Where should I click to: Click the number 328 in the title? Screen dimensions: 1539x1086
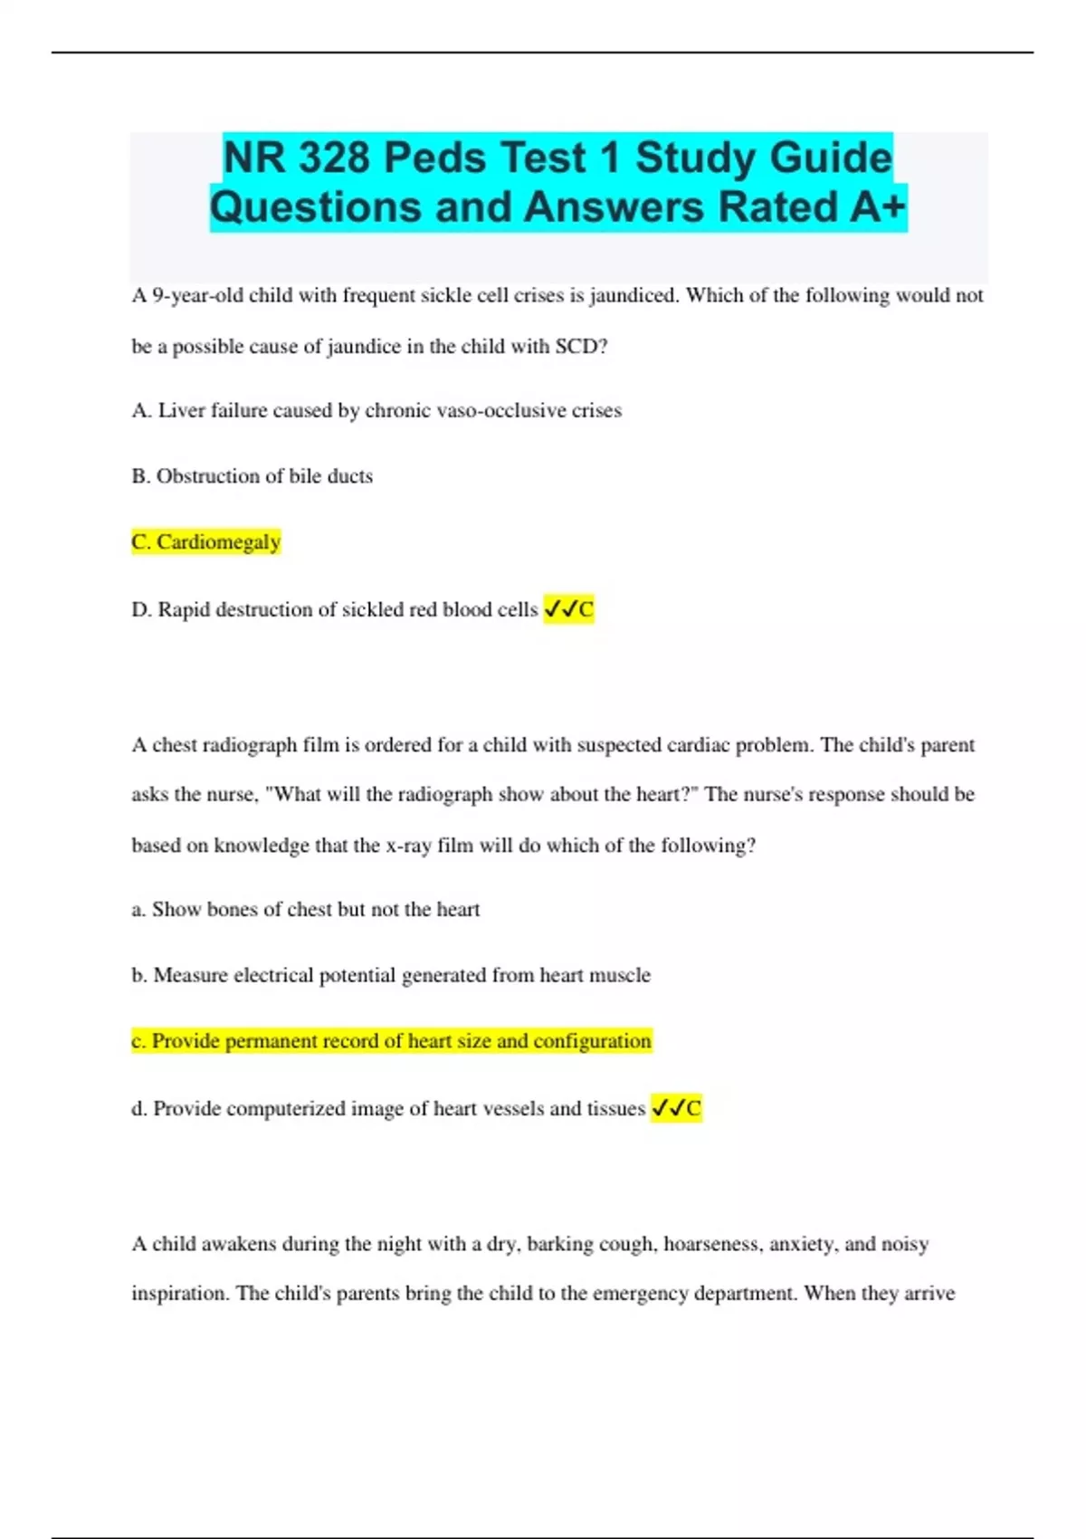point(333,158)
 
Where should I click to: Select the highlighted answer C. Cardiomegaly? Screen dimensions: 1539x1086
point(206,541)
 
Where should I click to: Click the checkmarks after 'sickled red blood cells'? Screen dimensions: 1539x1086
point(560,609)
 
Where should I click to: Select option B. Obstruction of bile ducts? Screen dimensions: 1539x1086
point(252,476)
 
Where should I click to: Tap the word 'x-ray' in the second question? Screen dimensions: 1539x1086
point(408,846)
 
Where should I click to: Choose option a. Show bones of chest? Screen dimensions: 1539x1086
point(306,909)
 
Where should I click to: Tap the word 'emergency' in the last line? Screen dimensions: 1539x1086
point(640,1293)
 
